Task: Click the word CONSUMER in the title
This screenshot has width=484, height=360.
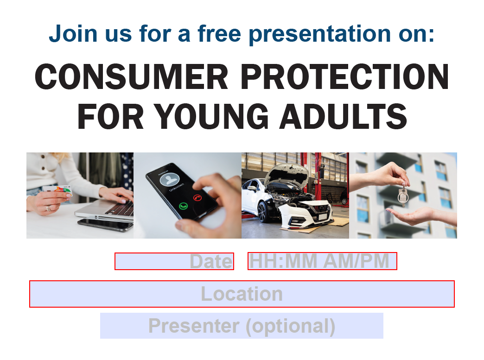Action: [x=132, y=76]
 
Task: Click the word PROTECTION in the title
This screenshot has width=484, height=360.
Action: [x=344, y=76]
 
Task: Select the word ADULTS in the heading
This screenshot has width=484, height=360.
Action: [x=343, y=116]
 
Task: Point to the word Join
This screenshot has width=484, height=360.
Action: [x=73, y=34]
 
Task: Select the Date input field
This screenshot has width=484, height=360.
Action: [x=174, y=261]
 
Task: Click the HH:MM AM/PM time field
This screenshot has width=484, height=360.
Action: [x=322, y=261]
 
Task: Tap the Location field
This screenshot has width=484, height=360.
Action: [x=242, y=294]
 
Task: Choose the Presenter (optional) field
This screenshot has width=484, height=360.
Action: [x=242, y=326]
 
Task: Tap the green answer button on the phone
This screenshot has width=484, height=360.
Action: [x=183, y=206]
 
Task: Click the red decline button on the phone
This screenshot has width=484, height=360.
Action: [x=197, y=197]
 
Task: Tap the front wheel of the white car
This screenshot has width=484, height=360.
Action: [x=262, y=211]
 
